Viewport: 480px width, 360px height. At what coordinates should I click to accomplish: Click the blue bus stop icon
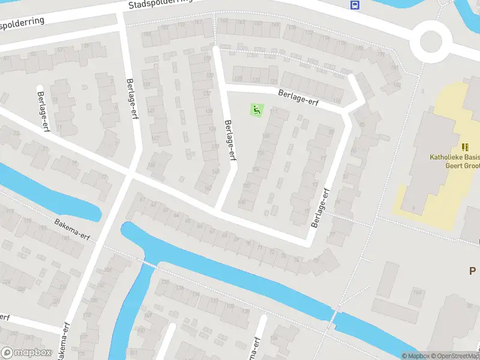[x=355, y=5]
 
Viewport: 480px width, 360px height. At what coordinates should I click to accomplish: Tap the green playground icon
[x=257, y=110]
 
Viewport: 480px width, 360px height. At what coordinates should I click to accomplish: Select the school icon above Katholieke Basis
[x=465, y=147]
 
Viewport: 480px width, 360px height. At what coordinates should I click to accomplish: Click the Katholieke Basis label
[x=454, y=158]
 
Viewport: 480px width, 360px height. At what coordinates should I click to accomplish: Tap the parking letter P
[x=473, y=271]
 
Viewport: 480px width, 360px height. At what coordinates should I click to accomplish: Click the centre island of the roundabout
[x=431, y=41]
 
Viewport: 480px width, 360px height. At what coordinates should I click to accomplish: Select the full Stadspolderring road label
[x=160, y=5]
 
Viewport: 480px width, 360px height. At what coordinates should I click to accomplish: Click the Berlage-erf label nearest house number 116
[x=298, y=98]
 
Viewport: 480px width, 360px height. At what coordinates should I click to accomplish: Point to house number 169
[x=275, y=25]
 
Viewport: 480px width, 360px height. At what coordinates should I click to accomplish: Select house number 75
[x=316, y=261]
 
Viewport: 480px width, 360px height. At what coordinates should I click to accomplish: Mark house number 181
[x=394, y=68]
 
